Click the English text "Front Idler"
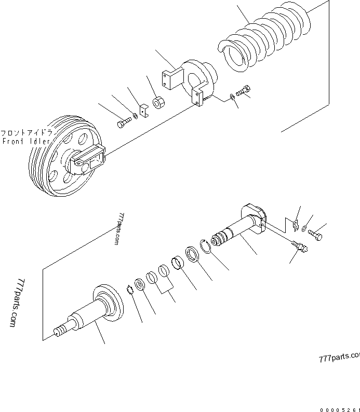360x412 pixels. coord(26,141)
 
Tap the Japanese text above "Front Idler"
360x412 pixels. coord(26,132)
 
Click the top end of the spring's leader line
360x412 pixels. coord(237,5)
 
